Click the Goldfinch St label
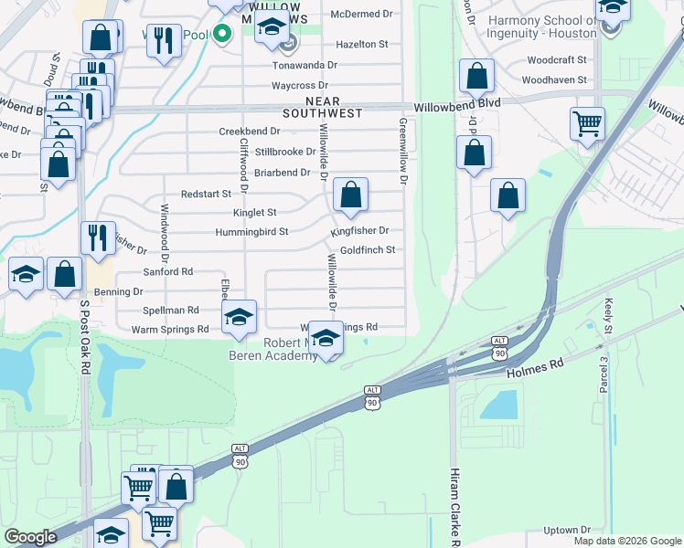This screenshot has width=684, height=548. tap(368, 250)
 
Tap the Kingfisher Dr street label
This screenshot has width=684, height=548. tap(360, 231)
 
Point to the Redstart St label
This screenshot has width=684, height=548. tap(203, 194)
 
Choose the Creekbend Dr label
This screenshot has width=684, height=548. tap(249, 132)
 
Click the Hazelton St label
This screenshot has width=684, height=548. tap(362, 44)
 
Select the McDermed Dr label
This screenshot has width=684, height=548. tap(361, 15)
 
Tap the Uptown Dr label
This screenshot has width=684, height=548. tap(567, 530)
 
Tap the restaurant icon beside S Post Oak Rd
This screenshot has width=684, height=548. tap(99, 239)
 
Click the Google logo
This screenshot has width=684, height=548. tap(31, 537)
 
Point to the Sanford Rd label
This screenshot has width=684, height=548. tap(167, 272)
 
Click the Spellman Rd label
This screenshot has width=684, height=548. tap(170, 311)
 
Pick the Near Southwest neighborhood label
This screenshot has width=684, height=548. tap(322, 107)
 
